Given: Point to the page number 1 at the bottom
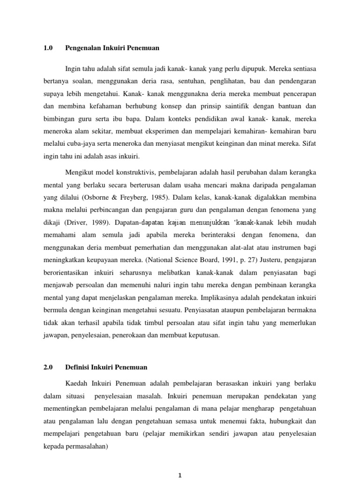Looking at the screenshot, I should click(x=180, y=475).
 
